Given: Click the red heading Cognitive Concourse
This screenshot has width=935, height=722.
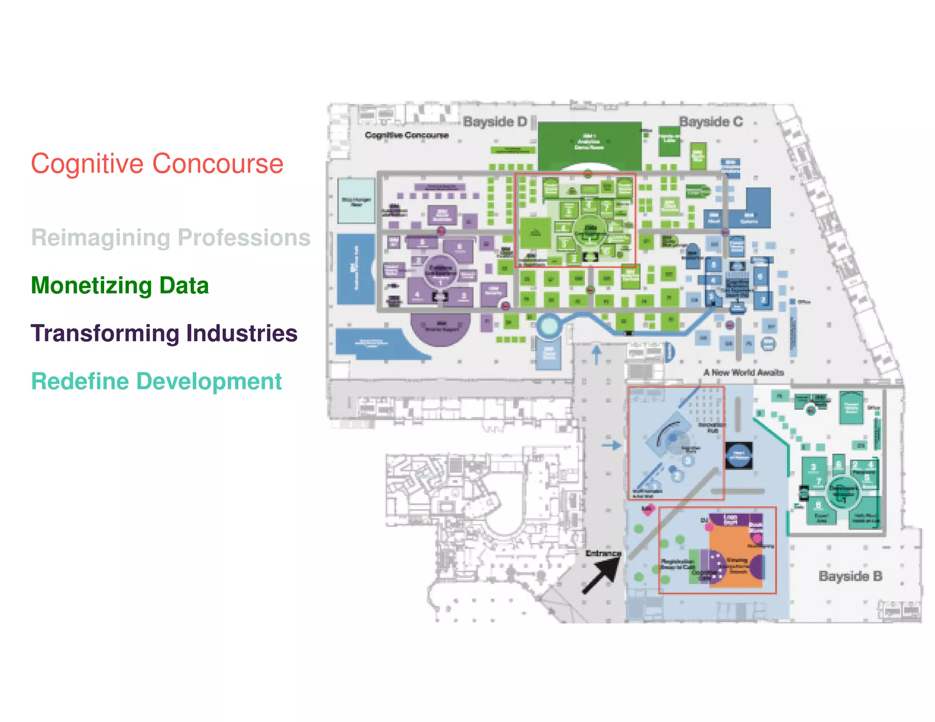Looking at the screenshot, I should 157,164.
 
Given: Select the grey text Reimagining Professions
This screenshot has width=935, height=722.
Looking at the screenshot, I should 171,238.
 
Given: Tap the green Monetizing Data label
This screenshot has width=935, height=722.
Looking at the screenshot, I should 120,286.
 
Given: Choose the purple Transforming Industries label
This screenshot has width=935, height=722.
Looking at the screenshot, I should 164,333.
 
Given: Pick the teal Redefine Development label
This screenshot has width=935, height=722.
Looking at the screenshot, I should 156,382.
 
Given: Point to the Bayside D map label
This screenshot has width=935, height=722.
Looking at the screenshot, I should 495,122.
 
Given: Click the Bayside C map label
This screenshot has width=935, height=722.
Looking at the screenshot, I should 711,122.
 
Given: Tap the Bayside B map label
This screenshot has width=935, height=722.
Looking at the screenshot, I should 850,576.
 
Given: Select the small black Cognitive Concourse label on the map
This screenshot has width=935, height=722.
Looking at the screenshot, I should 407,135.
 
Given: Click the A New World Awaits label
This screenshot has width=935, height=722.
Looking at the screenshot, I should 744,372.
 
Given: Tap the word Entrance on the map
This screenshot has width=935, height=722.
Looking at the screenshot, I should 603,553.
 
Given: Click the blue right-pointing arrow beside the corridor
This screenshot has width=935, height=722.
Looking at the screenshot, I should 612,445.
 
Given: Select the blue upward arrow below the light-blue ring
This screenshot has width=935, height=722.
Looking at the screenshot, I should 596,355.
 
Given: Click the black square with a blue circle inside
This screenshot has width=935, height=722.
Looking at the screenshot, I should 739,455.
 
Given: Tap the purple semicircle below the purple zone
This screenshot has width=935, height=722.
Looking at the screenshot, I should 440,328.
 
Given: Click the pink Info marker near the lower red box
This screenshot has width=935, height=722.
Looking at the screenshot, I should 648,509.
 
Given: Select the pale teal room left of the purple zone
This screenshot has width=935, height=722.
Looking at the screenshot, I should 356,201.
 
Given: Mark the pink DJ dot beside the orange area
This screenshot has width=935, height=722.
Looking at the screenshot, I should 709,527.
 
